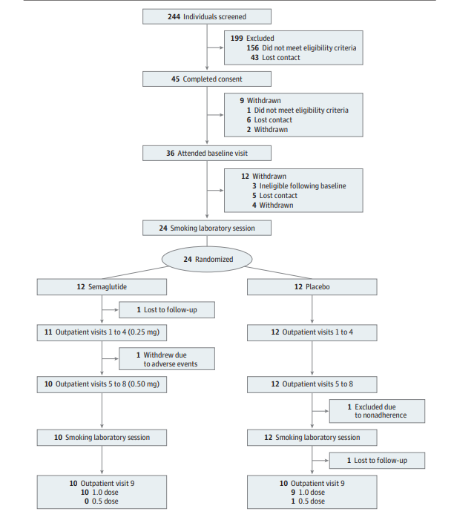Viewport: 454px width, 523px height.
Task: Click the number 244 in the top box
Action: [174, 16]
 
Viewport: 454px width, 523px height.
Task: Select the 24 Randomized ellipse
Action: [207, 259]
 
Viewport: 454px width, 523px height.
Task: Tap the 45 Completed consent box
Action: [207, 79]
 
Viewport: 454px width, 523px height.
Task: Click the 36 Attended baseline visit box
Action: [207, 153]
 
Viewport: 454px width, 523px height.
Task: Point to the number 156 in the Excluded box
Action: [252, 48]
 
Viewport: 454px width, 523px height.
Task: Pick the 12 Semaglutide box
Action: [102, 287]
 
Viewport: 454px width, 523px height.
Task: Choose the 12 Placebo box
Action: [312, 287]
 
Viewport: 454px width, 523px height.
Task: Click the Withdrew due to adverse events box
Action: [167, 359]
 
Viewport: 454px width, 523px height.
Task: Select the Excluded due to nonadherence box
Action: [377, 411]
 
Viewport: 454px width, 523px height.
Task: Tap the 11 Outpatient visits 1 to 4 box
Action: [102, 332]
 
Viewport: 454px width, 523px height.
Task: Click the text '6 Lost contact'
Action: [269, 120]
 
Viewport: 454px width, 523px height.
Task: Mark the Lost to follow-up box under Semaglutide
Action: [167, 310]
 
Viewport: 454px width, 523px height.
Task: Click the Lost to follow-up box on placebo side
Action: [377, 461]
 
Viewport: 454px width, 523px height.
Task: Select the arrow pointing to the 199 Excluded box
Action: [215, 47]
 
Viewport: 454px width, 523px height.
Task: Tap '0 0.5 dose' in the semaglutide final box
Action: [102, 501]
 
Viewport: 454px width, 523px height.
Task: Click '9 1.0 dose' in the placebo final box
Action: [308, 493]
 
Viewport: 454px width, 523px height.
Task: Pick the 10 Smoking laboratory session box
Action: [102, 438]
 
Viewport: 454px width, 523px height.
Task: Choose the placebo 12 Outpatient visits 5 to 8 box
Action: [312, 384]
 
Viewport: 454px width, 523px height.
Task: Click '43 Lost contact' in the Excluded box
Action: [275, 58]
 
